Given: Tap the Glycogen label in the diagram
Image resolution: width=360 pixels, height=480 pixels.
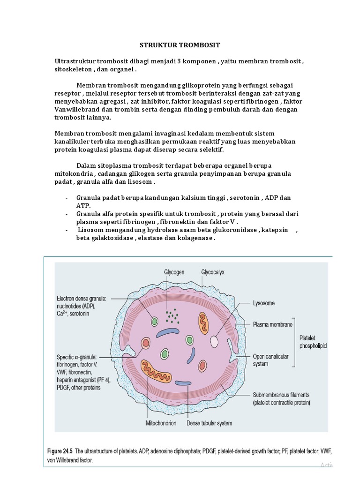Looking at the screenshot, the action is tap(174, 271).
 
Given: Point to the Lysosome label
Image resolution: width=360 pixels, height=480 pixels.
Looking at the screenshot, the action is tap(265, 303).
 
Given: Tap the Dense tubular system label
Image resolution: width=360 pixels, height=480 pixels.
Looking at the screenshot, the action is tap(209, 423).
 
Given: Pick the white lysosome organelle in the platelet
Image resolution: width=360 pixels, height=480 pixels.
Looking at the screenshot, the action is tap(214, 341).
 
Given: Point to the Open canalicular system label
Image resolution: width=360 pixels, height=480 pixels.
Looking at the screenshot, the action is tap(270, 360).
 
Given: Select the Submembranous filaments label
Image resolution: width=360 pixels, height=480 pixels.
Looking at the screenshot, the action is tap(281, 398).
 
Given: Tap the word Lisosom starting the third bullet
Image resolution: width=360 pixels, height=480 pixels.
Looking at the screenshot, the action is tap(91, 230).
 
